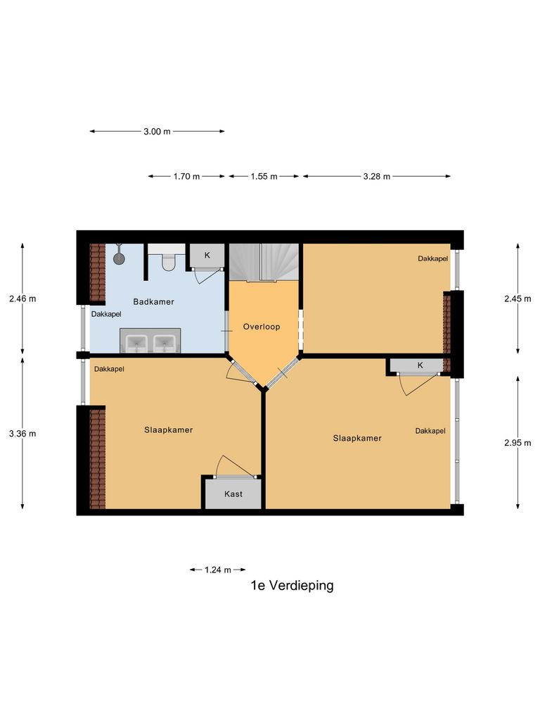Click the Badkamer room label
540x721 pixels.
(x=153, y=301)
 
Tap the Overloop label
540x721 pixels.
(x=262, y=327)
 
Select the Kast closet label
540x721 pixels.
(x=233, y=494)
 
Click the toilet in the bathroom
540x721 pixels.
(x=167, y=261)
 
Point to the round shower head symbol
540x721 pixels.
(x=119, y=258)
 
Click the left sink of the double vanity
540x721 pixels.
(x=136, y=343)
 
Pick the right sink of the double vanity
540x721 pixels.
(x=164, y=343)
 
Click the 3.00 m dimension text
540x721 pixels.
(x=157, y=132)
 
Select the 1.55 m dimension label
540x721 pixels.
(x=264, y=176)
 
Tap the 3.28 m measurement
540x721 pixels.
(x=377, y=176)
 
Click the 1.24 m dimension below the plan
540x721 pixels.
(x=218, y=570)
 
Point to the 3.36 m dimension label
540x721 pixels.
(x=22, y=434)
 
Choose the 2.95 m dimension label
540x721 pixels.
(x=517, y=443)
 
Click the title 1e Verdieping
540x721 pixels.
(x=292, y=585)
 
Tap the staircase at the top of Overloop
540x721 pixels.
(x=264, y=261)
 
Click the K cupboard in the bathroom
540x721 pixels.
(x=207, y=255)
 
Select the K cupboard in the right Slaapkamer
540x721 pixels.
(x=420, y=365)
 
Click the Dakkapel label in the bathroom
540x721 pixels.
(x=106, y=314)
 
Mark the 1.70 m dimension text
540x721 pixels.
(x=186, y=176)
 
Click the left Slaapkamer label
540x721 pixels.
(x=169, y=430)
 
